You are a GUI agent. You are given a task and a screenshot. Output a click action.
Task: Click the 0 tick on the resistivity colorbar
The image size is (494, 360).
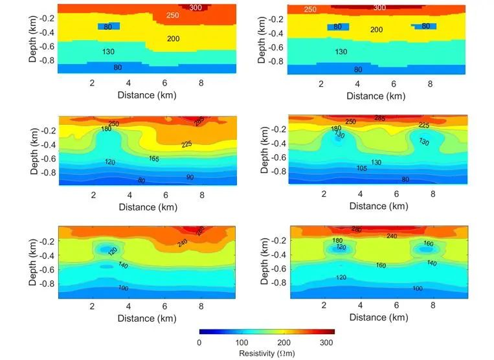pos(199,343)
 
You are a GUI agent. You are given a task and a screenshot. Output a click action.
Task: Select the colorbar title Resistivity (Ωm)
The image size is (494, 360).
pos(267,354)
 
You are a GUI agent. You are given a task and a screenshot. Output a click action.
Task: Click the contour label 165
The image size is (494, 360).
pos(155,159)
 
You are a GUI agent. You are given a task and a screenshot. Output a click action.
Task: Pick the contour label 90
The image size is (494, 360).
pos(189,177)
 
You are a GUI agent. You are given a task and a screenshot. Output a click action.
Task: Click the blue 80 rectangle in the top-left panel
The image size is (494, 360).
pos(109,27)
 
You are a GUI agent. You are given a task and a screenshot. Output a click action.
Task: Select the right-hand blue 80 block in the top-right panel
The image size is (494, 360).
pos(424,27)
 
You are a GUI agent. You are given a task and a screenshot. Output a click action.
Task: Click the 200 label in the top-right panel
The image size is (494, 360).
pos(376,30)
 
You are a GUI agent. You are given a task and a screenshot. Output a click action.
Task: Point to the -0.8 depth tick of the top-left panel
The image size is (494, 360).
pos(46,62)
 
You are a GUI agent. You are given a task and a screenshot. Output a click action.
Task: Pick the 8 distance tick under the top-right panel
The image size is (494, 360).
pos(430,84)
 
